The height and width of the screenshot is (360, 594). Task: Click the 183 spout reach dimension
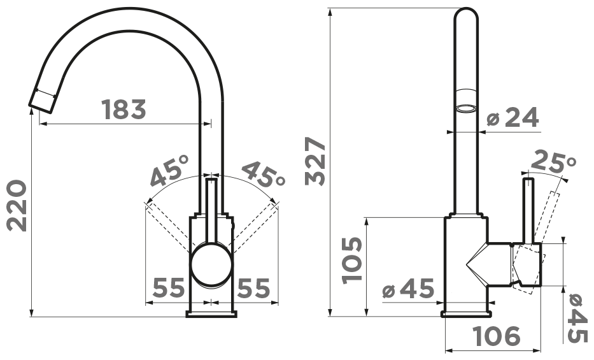pyautogui.click(x=124, y=109)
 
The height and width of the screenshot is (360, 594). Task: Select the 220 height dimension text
pyautogui.click(x=17, y=205)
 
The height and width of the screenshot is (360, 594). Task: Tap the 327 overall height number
pyautogui.click(x=315, y=161)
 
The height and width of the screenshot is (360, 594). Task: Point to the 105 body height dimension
pyautogui.click(x=351, y=260)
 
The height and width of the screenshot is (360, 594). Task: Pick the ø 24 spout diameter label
pyautogui.click(x=513, y=117)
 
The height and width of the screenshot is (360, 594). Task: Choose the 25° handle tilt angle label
pyautogui.click(x=553, y=161)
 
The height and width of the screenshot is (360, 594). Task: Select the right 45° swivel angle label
pyautogui.click(x=263, y=174)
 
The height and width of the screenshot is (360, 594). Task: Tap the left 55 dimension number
pyautogui.click(x=168, y=287)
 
